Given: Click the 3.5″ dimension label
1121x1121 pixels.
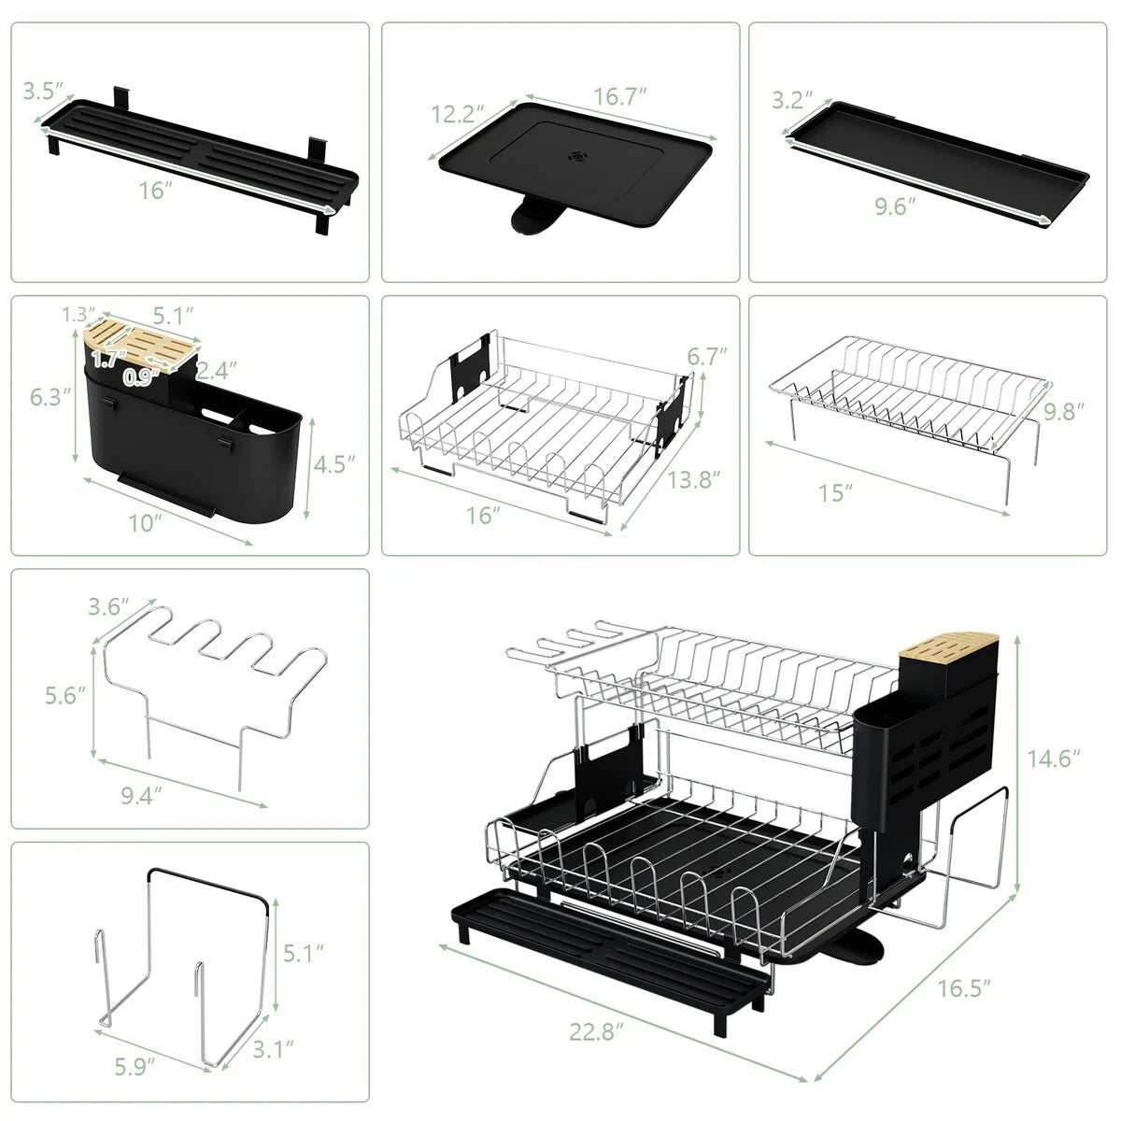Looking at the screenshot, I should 43,92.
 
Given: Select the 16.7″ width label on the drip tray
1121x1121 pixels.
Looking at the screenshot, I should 620,96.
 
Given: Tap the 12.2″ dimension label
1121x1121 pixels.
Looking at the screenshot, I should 458,115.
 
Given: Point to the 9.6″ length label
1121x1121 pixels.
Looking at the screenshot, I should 895,206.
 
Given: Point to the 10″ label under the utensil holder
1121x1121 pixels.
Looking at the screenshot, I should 146,522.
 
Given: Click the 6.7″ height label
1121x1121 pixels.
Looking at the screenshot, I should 707,357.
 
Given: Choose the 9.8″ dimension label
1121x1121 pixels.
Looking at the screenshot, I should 1064,411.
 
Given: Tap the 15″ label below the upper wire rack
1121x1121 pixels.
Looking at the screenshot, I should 836,492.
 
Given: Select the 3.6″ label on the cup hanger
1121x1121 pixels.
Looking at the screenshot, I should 108,606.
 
